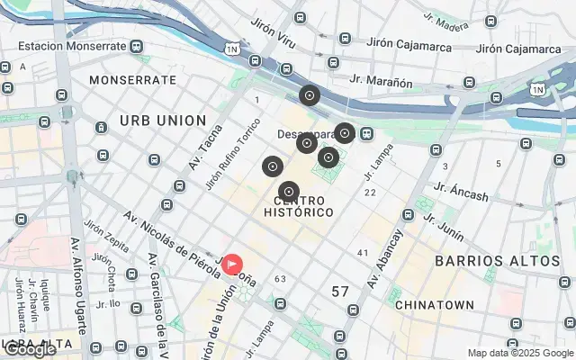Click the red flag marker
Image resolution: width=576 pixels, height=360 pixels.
(x=233, y=265)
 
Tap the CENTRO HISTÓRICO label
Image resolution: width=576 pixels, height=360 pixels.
(x=300, y=205)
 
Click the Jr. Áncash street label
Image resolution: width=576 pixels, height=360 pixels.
(x=460, y=192)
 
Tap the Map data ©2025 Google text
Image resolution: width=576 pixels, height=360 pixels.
(x=519, y=353)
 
